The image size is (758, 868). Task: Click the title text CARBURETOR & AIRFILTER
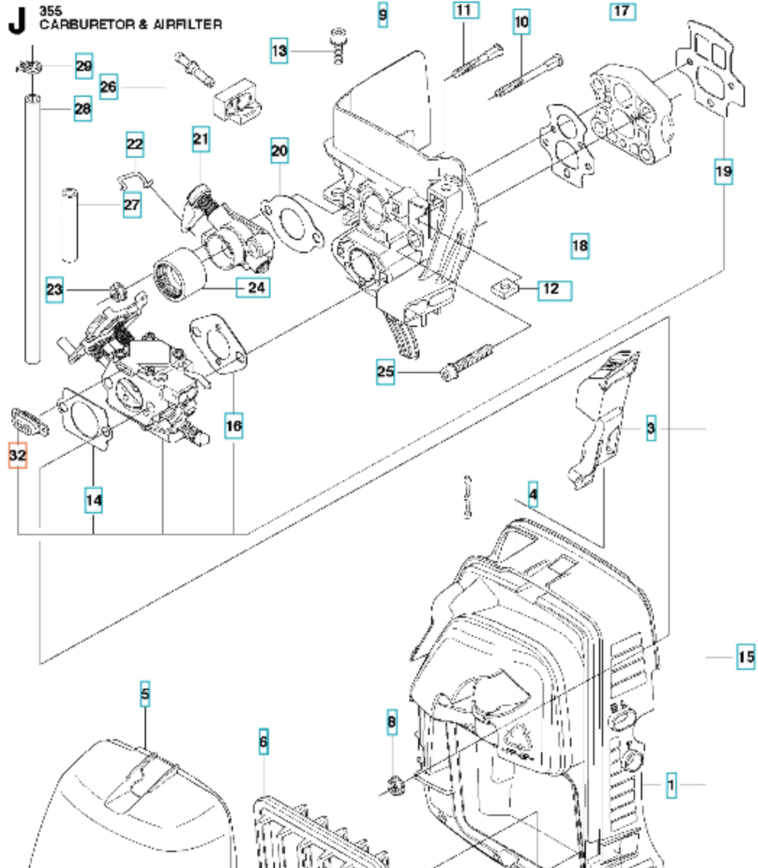click(130, 25)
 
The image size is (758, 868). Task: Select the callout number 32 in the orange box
click(17, 456)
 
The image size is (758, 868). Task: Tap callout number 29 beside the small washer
click(84, 67)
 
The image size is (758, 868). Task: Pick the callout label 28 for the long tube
click(83, 109)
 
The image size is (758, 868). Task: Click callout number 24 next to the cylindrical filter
click(255, 288)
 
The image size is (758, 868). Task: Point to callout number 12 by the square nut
click(554, 289)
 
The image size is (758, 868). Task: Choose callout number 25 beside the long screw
click(386, 372)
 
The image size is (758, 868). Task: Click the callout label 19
click(723, 172)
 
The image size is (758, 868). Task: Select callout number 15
click(746, 658)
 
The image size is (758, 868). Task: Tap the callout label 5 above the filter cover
click(145, 694)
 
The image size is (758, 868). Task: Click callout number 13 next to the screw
click(279, 51)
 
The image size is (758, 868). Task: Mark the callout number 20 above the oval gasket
click(279, 152)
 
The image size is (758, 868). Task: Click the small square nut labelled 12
click(506, 289)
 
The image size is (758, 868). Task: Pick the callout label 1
click(671, 784)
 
